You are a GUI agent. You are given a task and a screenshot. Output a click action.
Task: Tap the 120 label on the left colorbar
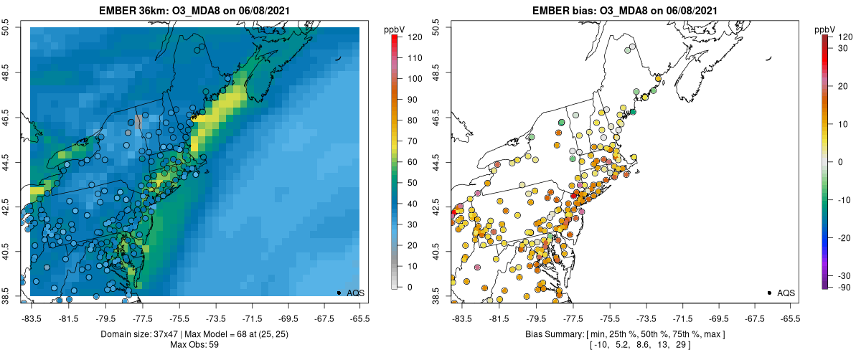coord(413,37)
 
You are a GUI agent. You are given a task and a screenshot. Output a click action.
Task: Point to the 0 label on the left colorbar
coord(409,287)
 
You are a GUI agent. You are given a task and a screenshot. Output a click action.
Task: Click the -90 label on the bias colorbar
coord(844,288)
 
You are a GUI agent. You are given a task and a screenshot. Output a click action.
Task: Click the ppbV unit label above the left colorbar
coord(394,29)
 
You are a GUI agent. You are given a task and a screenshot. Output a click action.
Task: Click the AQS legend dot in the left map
coord(339,293)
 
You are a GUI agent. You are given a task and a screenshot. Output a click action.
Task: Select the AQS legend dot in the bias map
coord(769,293)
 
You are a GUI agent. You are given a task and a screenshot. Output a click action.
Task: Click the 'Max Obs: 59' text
coord(194,345)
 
